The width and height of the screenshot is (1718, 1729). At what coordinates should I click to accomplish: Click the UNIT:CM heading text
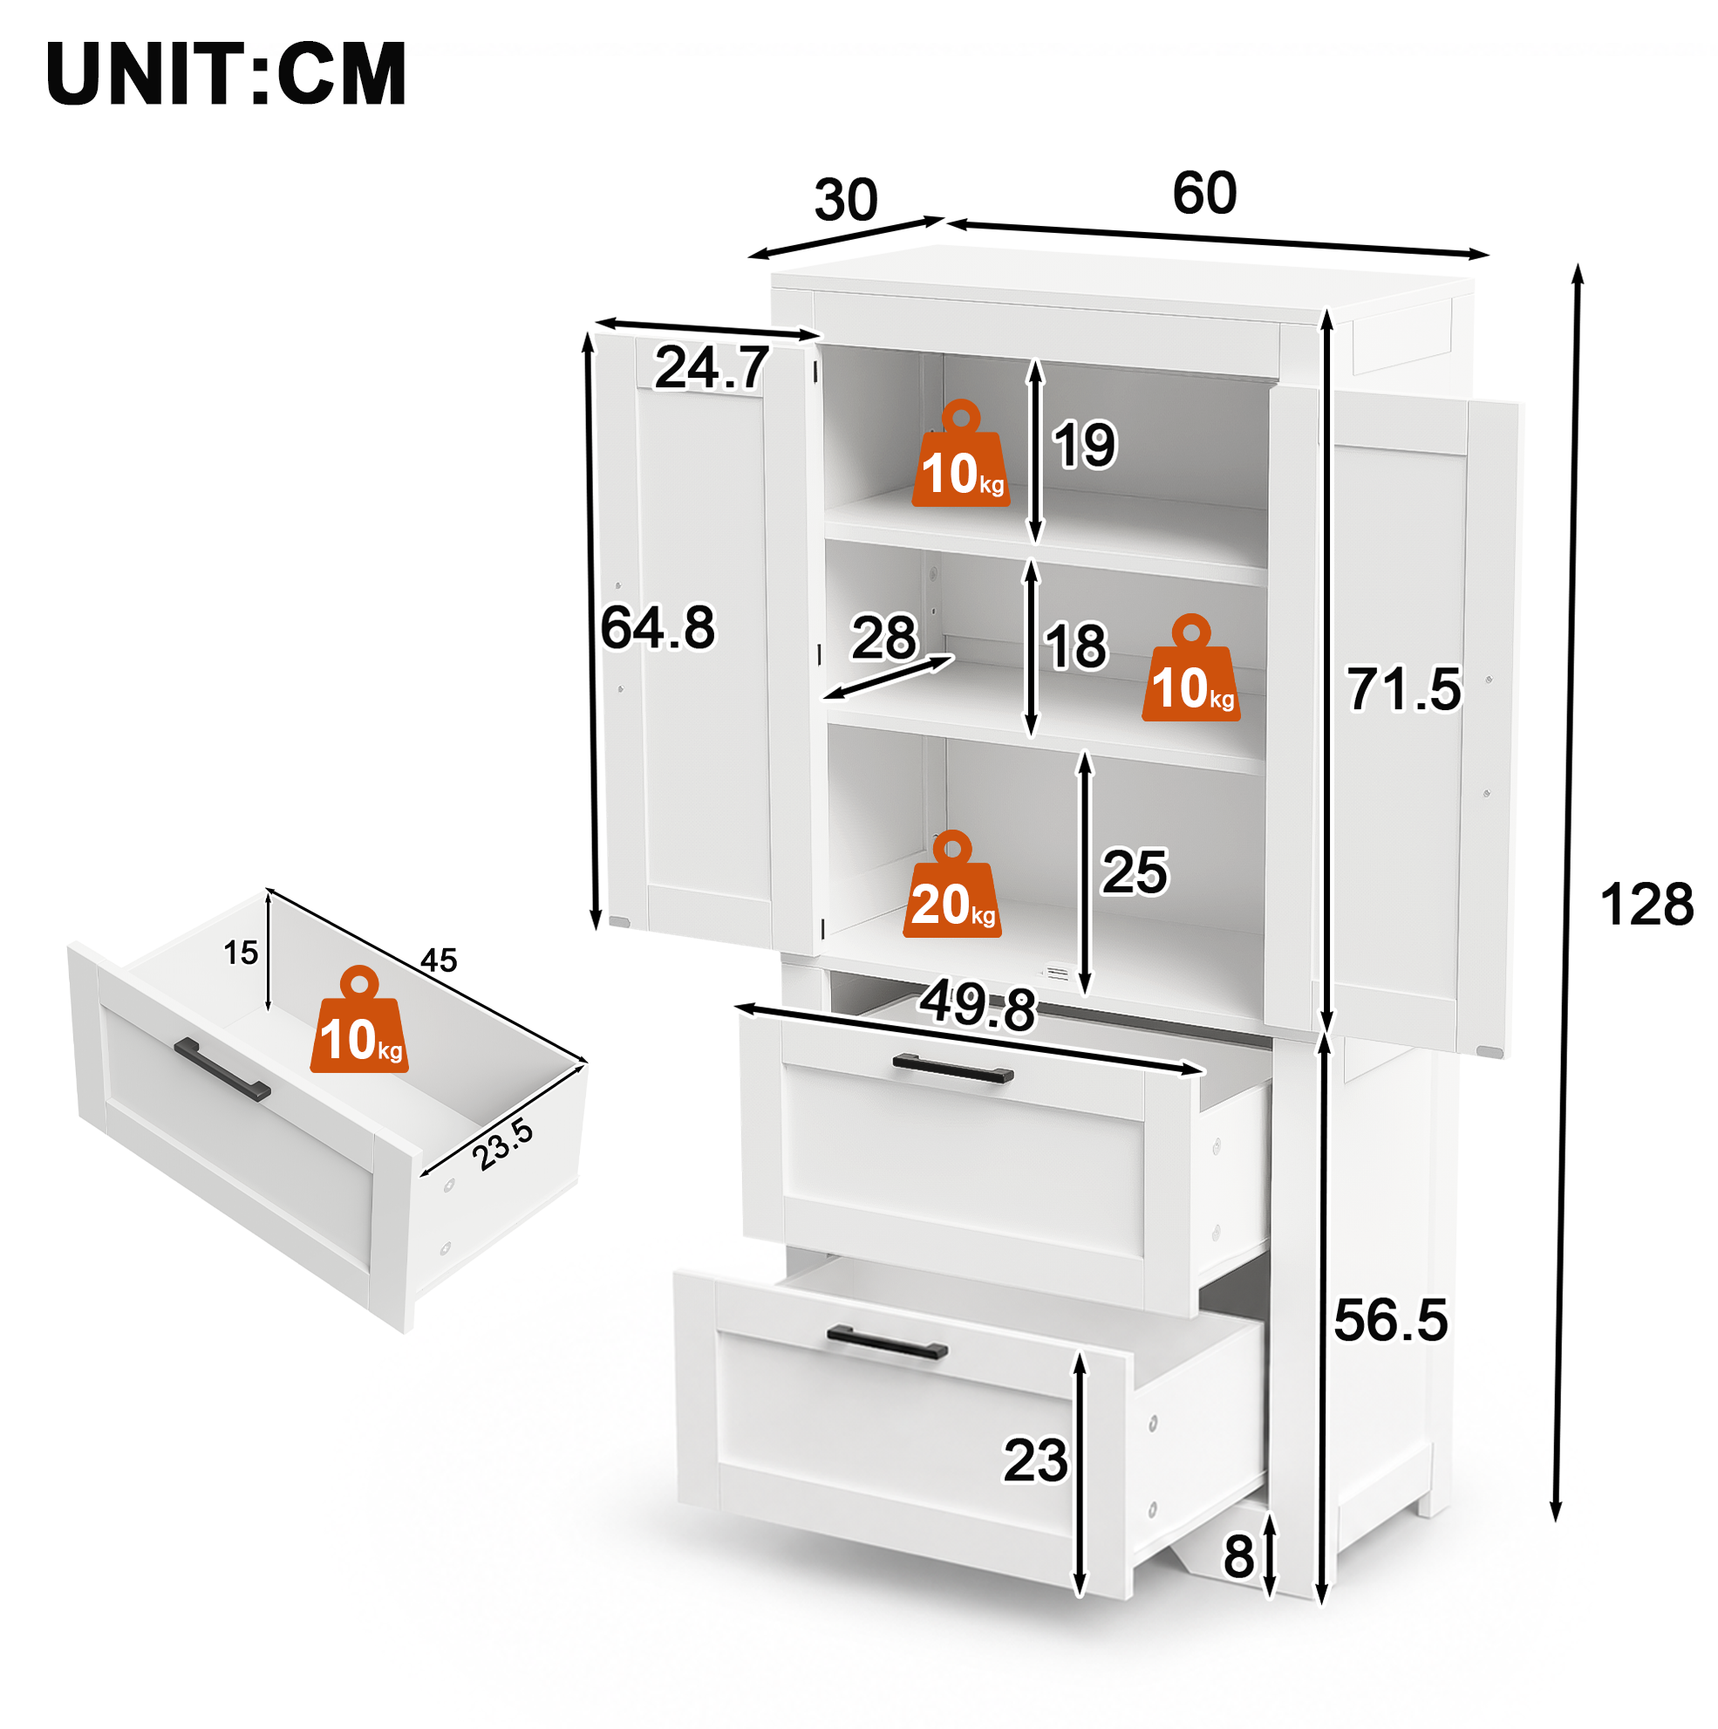click(x=227, y=73)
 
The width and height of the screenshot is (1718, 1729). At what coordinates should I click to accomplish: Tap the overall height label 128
click(x=1646, y=904)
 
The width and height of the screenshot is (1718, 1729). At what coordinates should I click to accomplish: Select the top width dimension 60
click(x=1204, y=193)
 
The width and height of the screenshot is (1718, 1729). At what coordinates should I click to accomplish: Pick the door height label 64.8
click(x=658, y=627)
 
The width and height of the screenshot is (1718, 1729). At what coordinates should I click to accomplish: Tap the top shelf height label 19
click(x=1085, y=445)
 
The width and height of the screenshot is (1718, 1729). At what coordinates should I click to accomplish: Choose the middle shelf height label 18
click(x=1076, y=646)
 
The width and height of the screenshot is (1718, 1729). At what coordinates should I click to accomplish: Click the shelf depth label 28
click(x=884, y=637)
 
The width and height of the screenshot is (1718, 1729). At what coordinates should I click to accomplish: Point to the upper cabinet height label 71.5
click(x=1404, y=689)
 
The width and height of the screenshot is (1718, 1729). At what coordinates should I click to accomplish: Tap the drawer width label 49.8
click(x=977, y=1005)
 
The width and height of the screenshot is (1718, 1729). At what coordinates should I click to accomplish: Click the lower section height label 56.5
click(x=1390, y=1320)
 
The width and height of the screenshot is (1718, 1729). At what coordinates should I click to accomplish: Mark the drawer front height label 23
click(x=1035, y=1460)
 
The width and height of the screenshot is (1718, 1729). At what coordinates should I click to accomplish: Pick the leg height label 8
click(x=1239, y=1557)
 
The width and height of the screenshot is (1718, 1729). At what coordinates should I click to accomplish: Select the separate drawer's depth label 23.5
click(x=503, y=1145)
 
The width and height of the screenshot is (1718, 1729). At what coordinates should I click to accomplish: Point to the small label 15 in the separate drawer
click(x=241, y=953)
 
